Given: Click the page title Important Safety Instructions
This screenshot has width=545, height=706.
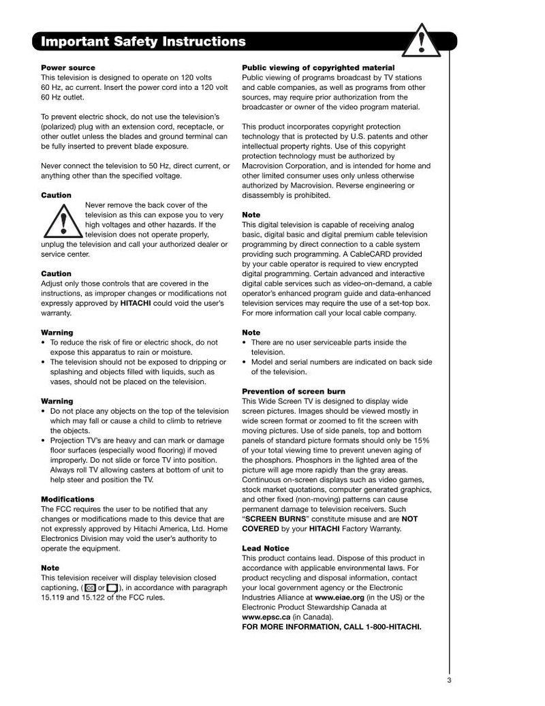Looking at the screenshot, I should pos(143,42).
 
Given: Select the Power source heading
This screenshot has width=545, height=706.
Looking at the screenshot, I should pos(68,67).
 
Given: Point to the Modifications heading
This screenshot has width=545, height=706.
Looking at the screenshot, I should pos(67,499).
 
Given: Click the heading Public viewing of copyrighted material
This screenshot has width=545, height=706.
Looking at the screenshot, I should pos(318,67).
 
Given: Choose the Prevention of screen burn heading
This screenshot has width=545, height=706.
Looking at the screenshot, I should pos(294,391).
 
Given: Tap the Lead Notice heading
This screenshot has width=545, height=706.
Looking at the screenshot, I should pos(266,548).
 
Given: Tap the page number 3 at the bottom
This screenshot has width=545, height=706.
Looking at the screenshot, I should pos(450,679).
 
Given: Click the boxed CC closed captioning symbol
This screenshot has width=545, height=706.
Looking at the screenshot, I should pos(91,587).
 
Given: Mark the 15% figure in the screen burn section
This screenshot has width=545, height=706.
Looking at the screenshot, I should pos(421,440).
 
